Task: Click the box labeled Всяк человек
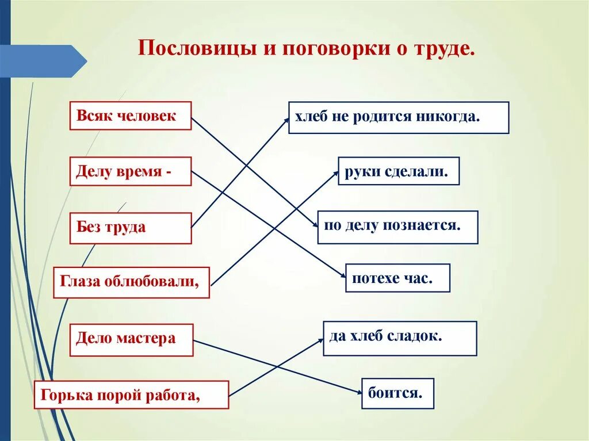click(x=130, y=116)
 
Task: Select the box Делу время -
click(x=130, y=171)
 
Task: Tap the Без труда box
click(x=130, y=228)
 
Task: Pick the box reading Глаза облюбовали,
click(x=131, y=282)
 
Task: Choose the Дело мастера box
click(x=131, y=338)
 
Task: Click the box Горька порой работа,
click(x=131, y=394)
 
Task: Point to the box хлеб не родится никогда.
click(x=398, y=117)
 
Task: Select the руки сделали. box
click(x=398, y=171)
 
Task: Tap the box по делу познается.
click(x=397, y=227)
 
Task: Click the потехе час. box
click(x=397, y=278)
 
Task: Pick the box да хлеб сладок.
click(x=400, y=338)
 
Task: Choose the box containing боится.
click(x=397, y=393)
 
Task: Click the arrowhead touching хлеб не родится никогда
click(x=285, y=120)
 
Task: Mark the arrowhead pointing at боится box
click(x=358, y=392)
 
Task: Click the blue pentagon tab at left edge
click(x=43, y=61)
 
